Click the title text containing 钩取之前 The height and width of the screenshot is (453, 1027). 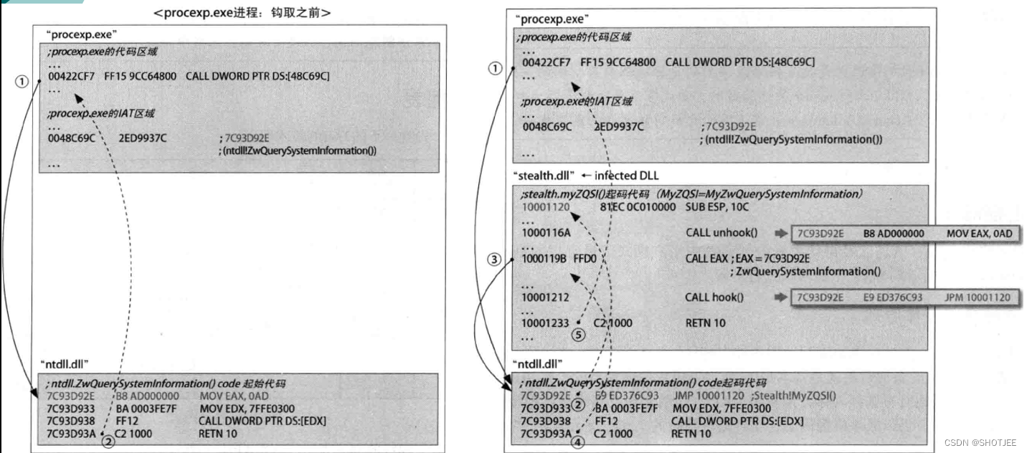pos(242,13)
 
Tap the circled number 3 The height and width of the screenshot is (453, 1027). pos(494,259)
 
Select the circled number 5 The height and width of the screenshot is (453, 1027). pos(579,334)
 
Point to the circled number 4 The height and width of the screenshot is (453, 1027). pos(577,443)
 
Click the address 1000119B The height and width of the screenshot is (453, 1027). pos(546,259)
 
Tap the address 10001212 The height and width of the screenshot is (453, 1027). pos(546,297)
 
